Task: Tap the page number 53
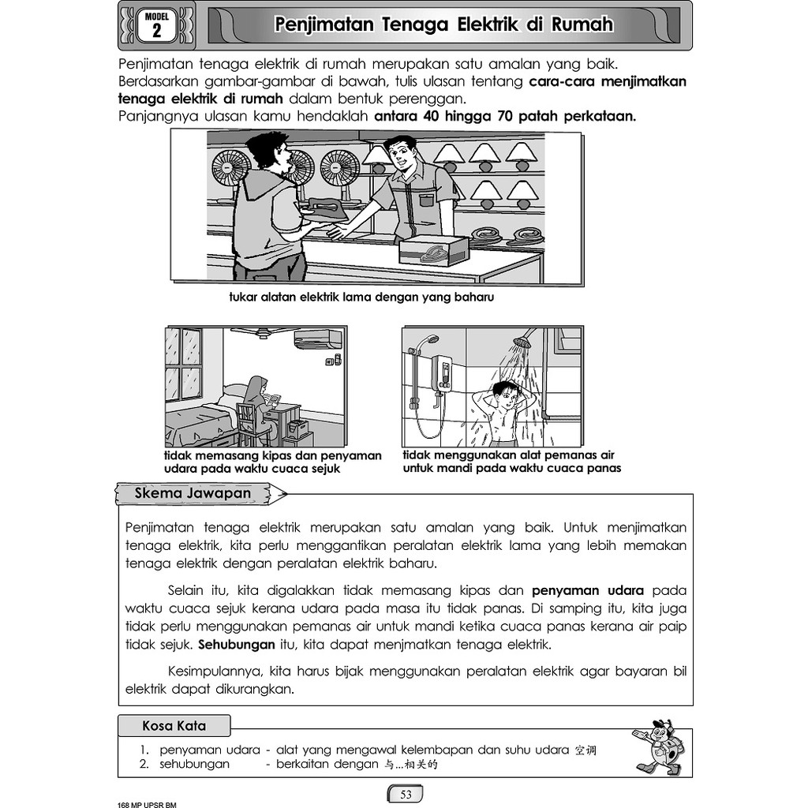[x=406, y=794]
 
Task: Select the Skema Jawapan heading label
[x=193, y=494]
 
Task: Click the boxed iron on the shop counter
[x=432, y=251]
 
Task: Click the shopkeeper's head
[x=401, y=157]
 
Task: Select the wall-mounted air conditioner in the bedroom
[x=317, y=339]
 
